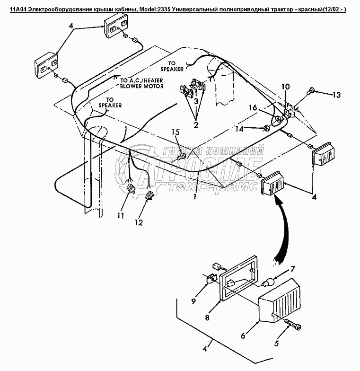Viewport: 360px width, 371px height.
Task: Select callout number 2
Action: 196,125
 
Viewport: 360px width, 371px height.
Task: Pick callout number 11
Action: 121,216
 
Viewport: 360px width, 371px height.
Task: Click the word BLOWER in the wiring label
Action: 132,87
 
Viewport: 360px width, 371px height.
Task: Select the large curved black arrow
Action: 284,232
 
